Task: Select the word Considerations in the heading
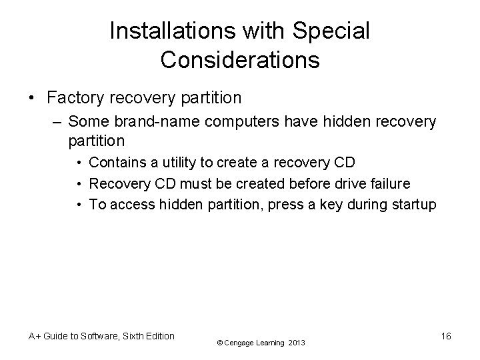pos(240,60)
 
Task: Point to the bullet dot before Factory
pos(33,99)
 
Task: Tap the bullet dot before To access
pos(80,205)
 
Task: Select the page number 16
pos(446,337)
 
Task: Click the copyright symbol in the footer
pos(220,343)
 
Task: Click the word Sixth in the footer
pos(127,336)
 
